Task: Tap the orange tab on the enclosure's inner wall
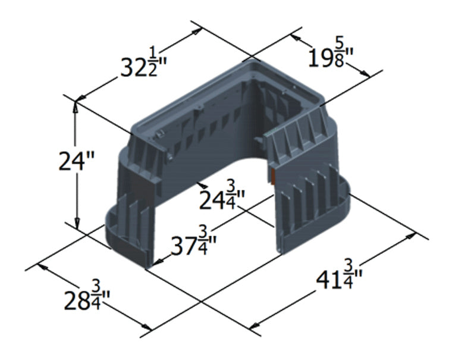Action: click(272, 176)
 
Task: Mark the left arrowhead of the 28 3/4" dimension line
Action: click(42, 267)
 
